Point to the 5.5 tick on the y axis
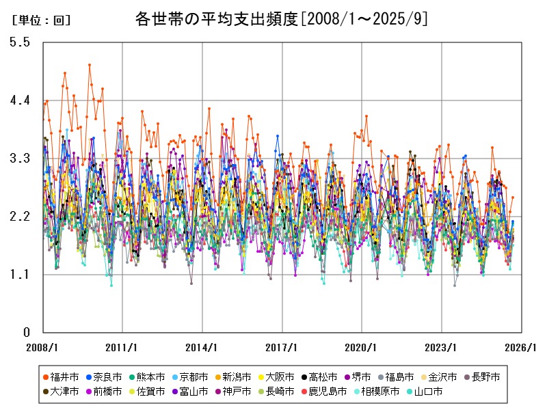[20, 42]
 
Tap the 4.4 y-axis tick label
[20, 100]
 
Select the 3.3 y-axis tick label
[20, 159]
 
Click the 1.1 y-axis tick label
[20, 275]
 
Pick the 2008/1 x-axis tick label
[42, 347]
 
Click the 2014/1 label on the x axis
[202, 347]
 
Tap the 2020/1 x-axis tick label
[362, 347]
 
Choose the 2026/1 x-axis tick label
[522, 347]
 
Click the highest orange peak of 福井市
[90, 65]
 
